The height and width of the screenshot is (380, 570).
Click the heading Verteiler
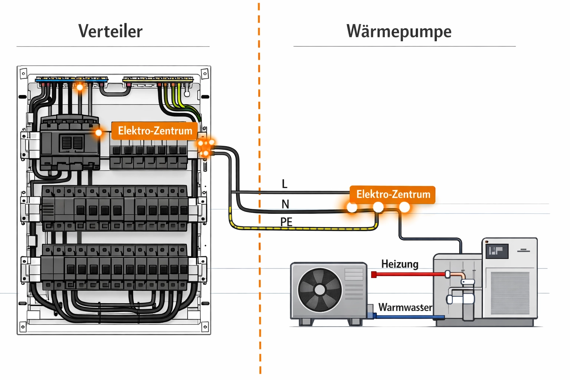(x=110, y=31)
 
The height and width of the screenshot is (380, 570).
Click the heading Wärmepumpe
(x=399, y=31)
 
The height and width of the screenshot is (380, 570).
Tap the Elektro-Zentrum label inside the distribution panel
(x=154, y=131)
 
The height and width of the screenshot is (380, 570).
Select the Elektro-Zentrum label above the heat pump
(x=393, y=194)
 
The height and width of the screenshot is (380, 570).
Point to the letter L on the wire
(x=284, y=184)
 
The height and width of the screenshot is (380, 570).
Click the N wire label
(x=285, y=204)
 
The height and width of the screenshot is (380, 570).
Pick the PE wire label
(x=286, y=222)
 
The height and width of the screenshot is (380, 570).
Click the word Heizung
(x=400, y=264)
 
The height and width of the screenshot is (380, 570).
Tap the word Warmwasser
(x=405, y=307)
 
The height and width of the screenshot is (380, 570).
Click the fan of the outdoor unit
(x=320, y=290)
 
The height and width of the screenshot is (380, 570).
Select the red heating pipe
(x=408, y=275)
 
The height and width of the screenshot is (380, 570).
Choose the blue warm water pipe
(x=408, y=317)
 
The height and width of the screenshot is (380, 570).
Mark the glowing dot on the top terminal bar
(x=80, y=88)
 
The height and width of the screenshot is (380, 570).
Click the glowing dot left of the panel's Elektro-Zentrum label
(x=99, y=132)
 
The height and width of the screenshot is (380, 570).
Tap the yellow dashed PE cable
(x=297, y=229)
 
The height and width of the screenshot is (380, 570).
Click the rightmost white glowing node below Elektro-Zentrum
(x=404, y=207)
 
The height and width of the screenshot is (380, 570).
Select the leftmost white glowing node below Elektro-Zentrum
(x=352, y=207)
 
